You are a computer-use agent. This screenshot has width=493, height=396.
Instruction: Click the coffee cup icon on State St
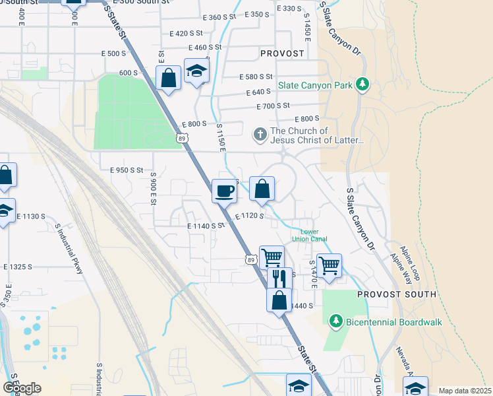(x=224, y=191)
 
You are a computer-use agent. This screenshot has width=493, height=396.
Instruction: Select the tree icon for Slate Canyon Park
(x=361, y=84)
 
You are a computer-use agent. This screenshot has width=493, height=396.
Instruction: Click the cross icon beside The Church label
(x=260, y=135)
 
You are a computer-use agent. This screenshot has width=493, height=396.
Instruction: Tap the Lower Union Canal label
(x=314, y=235)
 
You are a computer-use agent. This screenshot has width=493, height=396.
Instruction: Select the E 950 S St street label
(x=127, y=170)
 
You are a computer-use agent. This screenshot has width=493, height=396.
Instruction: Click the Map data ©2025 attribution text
(x=465, y=391)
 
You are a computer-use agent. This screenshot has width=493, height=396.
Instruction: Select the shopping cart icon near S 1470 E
(x=328, y=266)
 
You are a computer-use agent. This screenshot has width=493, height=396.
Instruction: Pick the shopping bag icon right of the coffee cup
(x=262, y=189)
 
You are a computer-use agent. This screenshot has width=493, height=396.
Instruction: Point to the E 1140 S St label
(x=206, y=226)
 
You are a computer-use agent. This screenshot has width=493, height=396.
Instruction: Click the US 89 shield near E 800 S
(x=181, y=137)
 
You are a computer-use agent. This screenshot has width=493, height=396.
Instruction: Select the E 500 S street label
(x=113, y=53)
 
